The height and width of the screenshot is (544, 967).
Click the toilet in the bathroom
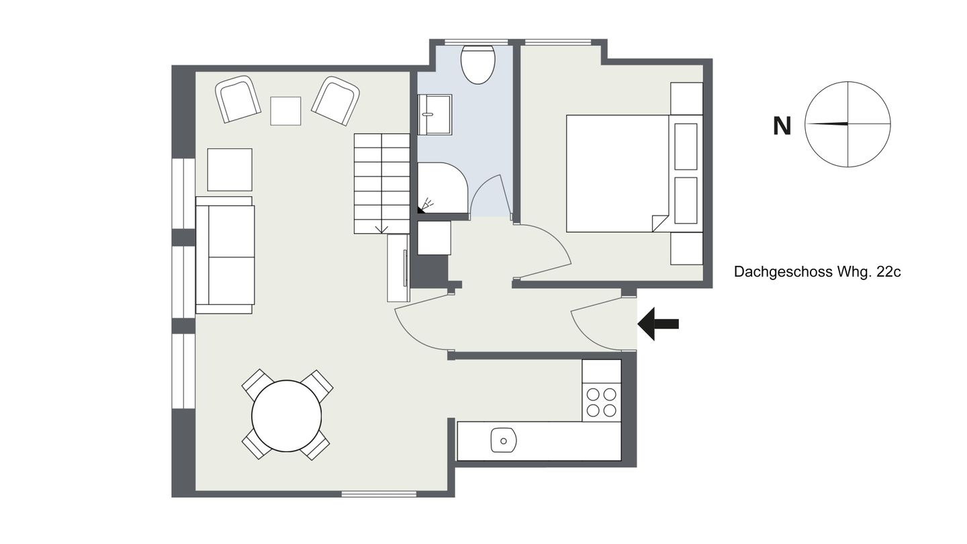[x=477, y=64]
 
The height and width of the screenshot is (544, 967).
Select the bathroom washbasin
[x=434, y=114]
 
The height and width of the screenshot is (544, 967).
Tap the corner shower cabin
[x=443, y=188]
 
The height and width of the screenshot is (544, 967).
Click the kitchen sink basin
[x=504, y=441]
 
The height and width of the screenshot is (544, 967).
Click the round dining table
[x=287, y=416]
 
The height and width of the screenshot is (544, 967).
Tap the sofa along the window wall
[x=225, y=255]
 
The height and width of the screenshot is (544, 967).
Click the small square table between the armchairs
[x=285, y=111]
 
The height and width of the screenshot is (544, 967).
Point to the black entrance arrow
[x=658, y=324]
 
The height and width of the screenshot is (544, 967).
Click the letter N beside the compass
[x=782, y=126]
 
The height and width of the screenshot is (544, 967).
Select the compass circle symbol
[x=847, y=124]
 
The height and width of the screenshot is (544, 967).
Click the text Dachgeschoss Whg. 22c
[x=817, y=272]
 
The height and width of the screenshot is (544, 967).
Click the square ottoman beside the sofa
[x=230, y=170]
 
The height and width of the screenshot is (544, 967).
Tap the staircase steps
[x=381, y=184]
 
